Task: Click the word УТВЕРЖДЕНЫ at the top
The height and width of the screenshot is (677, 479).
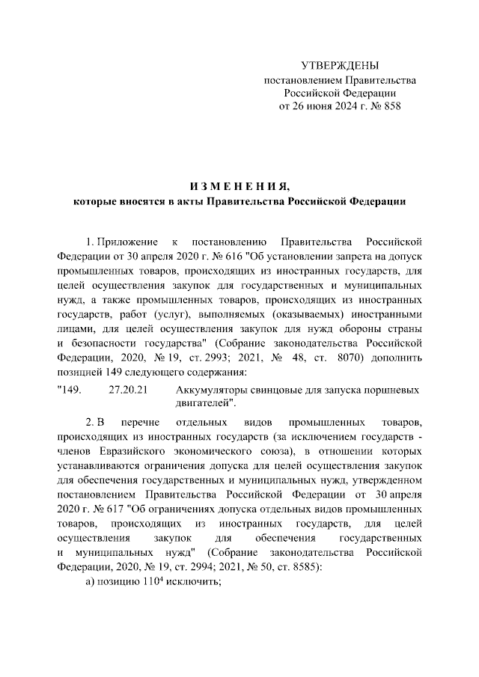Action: click(x=340, y=66)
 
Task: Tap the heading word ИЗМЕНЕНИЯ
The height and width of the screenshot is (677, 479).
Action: click(x=239, y=186)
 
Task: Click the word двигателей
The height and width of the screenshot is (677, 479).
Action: click(x=203, y=403)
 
